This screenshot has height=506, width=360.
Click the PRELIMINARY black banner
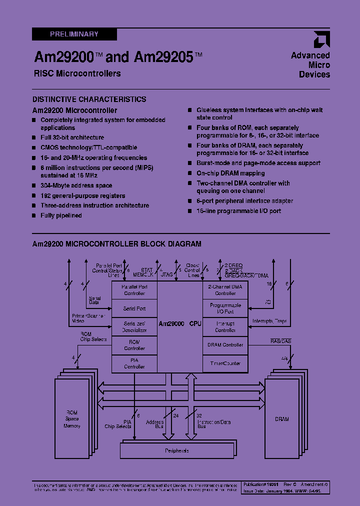coord(74,34)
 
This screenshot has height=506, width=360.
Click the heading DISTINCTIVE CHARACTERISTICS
coord(89,99)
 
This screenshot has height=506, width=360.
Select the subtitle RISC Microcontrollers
coord(77,73)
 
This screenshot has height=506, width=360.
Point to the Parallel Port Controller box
coord(134,290)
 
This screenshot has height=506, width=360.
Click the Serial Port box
coord(134,308)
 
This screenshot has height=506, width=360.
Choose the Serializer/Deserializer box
coord(134,327)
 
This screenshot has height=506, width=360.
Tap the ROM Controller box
coord(134,345)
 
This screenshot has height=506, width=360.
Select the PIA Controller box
coord(134,363)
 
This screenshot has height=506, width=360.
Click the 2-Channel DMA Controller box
coord(225,290)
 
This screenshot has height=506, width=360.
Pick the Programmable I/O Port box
coord(225,308)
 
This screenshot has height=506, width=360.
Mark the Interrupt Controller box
coord(225,327)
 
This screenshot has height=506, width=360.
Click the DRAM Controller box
coord(225,345)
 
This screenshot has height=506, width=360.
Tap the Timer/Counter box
coord(225,363)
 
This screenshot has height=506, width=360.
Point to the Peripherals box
coord(177,450)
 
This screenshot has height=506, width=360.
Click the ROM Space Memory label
coord(72,419)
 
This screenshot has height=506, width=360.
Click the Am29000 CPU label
coord(180,324)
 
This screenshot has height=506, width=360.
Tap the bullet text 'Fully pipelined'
coord(61,215)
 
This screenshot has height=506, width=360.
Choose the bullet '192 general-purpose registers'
coord(82,196)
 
